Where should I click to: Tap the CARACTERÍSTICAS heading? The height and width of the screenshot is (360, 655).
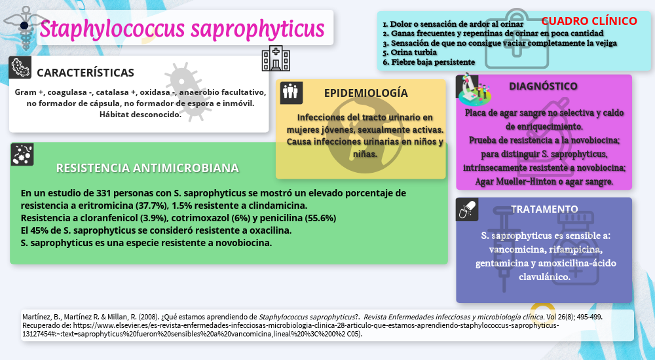85,73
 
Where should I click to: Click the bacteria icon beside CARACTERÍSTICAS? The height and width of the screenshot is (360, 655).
21,68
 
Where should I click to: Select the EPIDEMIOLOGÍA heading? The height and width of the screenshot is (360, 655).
365,93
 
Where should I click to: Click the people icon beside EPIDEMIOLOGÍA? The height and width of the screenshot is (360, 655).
290,92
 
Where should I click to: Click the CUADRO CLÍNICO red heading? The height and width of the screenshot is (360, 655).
589,21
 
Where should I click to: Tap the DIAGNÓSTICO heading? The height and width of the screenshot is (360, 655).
543,86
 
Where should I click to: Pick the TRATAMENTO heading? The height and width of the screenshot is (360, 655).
544,209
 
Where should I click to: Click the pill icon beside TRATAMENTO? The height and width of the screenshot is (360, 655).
467,209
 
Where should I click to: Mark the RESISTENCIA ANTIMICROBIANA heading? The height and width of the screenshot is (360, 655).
147,168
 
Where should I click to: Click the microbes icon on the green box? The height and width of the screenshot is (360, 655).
22,154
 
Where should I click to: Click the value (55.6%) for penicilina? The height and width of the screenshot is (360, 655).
317,218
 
